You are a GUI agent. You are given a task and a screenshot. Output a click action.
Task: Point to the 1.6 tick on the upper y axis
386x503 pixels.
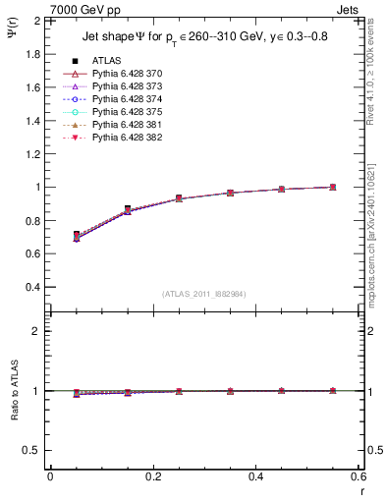coord(32,86)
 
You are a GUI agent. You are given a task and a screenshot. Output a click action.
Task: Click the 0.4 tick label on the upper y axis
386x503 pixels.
coord(32,287)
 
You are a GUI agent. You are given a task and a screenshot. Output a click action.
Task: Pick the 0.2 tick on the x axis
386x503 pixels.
coord(152,475)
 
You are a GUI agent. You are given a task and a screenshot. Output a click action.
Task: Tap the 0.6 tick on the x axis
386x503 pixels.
coord(359,475)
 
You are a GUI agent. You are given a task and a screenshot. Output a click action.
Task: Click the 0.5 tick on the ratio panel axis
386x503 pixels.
coord(32,450)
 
